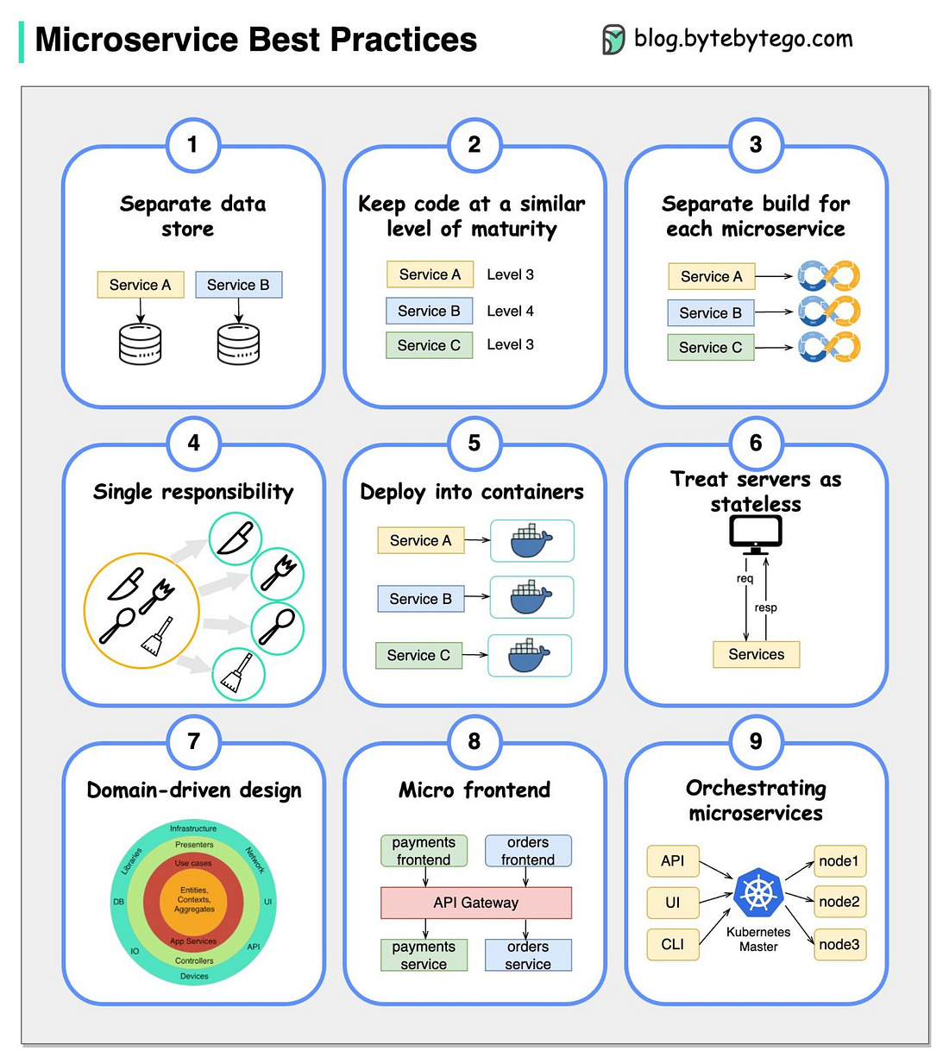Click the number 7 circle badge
193,741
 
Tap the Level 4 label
510,311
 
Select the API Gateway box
475,903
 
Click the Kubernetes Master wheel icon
757,893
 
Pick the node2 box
839,902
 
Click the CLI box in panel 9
672,944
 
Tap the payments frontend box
424,851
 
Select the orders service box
527,955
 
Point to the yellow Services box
756,654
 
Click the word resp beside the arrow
765,608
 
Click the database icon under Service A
140,344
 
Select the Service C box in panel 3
710,348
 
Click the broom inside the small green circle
238,674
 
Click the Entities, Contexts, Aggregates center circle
194,900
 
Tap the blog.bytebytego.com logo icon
613,40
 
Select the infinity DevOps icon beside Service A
828,275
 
